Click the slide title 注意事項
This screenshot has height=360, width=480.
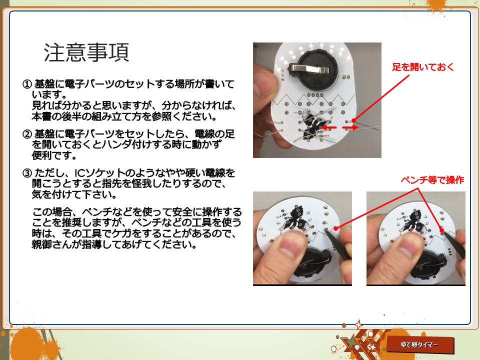[86, 52]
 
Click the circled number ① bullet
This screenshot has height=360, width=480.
[27, 83]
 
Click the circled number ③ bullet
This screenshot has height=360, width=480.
[27, 173]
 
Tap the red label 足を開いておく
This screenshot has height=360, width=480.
[422, 67]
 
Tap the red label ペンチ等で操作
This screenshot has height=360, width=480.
[432, 180]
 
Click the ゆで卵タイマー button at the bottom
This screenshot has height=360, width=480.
[420, 345]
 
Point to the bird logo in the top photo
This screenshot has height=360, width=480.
[313, 124]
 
